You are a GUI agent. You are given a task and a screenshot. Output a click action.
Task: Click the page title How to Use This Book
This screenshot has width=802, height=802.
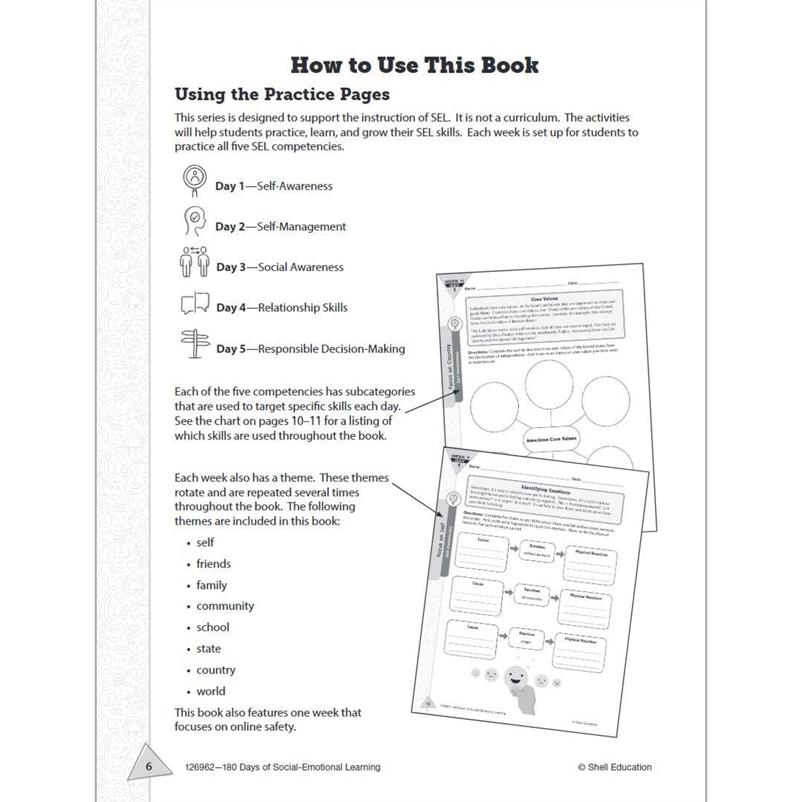[414, 65]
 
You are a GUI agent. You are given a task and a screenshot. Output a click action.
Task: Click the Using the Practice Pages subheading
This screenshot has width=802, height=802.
[282, 94]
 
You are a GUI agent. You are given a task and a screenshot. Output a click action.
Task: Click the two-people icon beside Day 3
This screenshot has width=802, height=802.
[195, 262]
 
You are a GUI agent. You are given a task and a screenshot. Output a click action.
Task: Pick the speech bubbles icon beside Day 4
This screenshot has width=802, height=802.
[195, 303]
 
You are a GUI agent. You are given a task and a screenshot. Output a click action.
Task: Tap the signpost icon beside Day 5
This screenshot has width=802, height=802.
[195, 344]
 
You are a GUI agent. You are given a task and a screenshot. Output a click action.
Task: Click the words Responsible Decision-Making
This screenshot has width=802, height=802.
[331, 349]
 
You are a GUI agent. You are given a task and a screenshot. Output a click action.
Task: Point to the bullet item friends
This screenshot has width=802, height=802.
[213, 564]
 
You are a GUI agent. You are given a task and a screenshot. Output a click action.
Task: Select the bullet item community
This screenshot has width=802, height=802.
[225, 606]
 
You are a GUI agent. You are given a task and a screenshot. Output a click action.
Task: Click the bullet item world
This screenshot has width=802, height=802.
[211, 691]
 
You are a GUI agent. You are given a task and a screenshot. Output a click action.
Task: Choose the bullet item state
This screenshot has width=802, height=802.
[209, 649]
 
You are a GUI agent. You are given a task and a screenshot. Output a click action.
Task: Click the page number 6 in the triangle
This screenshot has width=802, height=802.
[149, 766]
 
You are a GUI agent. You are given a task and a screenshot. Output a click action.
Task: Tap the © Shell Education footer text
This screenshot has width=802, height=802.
[614, 767]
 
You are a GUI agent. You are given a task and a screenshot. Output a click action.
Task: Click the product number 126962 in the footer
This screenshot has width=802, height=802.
[200, 767]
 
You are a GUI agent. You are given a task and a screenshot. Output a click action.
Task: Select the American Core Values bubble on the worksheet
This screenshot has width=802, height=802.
[551, 439]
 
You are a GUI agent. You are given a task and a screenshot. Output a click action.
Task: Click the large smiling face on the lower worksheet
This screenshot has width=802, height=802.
[516, 678]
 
